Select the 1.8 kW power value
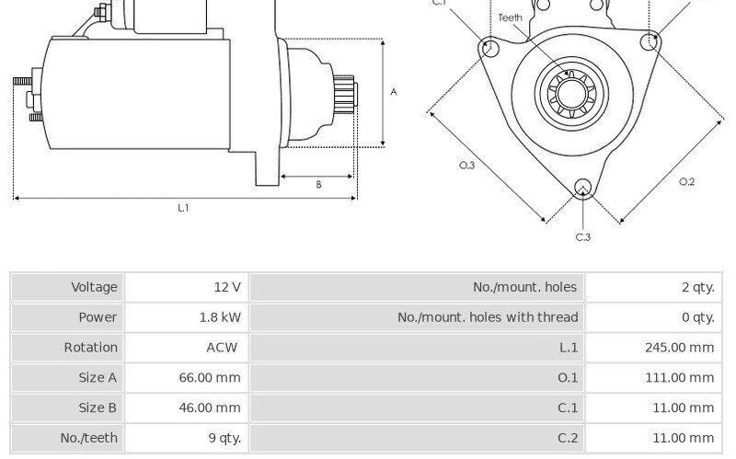click(x=220, y=317)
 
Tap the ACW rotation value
click(x=222, y=348)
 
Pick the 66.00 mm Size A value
click(x=210, y=377)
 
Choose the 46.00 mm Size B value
click(x=210, y=407)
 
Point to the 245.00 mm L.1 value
click(x=679, y=348)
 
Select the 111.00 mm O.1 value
click(x=679, y=377)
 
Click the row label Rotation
click(x=90, y=348)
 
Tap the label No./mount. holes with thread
click(x=488, y=317)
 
